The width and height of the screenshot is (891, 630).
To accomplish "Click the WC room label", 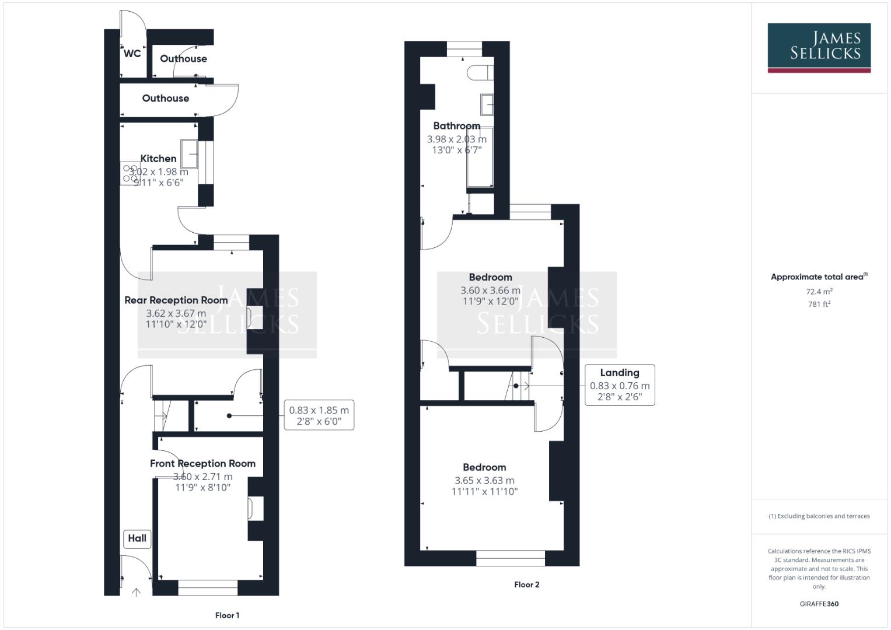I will point(132,53).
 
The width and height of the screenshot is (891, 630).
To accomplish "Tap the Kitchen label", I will point(158,159).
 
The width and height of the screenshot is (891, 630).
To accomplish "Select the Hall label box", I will point(137,538).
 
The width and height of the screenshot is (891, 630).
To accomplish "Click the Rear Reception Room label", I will point(176,300).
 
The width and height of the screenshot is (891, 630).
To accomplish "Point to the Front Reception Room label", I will point(202,464).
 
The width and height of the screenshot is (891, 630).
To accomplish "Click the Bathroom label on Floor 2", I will point(456,126).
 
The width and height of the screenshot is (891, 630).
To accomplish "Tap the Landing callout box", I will point(619,385).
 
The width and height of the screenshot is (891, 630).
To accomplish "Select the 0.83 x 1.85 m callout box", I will point(319,415).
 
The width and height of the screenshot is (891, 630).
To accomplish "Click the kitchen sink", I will point(190,154).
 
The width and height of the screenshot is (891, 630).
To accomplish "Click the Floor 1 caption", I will point(227,615).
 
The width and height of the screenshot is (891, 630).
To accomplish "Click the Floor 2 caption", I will point(526,584).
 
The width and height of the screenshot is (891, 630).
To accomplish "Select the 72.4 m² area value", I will point(819,292).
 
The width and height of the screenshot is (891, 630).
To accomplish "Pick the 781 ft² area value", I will point(819,304).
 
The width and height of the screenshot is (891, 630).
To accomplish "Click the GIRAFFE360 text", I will point(819,604).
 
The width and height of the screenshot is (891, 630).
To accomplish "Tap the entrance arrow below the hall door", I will point(136,593).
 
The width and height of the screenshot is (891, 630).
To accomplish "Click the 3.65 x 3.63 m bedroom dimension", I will point(484,481).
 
